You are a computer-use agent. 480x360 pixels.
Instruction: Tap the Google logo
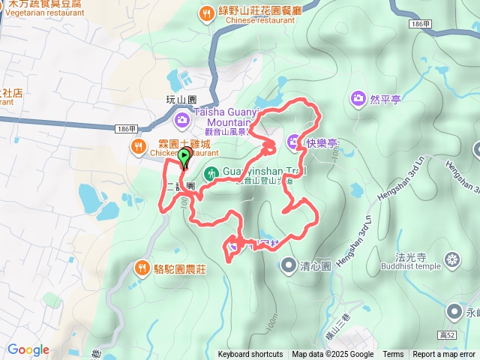[x=28, y=349]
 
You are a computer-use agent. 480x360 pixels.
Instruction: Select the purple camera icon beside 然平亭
[x=358, y=98]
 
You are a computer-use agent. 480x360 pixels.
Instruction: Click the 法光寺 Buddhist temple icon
[x=451, y=259]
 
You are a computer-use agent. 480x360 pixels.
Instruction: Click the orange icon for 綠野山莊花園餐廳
[x=206, y=13]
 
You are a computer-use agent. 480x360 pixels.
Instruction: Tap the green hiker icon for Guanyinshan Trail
[x=212, y=173]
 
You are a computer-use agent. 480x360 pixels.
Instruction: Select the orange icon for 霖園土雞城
[x=139, y=146]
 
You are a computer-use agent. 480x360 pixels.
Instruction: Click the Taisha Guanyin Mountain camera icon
[x=182, y=119]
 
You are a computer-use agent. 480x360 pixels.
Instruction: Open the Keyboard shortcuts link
[x=250, y=355]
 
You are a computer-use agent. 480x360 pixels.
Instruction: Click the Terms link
[x=393, y=355]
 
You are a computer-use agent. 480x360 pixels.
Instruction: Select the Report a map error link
[x=444, y=355]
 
